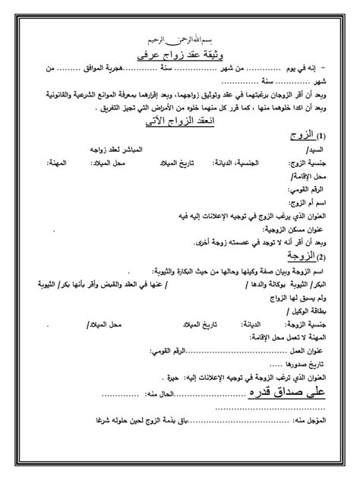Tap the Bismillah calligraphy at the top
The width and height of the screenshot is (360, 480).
pos(180,39)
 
